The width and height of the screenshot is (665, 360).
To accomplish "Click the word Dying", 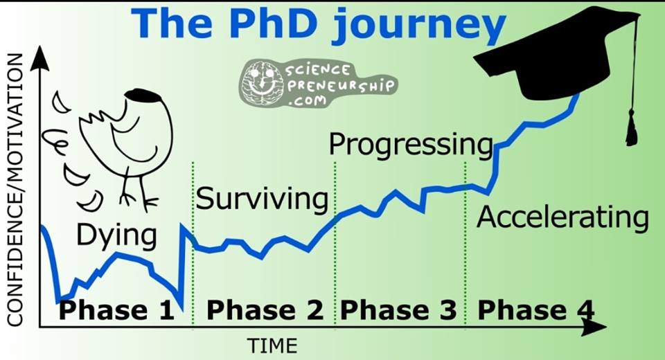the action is pyautogui.click(x=116, y=236).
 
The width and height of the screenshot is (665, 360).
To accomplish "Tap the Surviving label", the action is pyautogui.click(x=262, y=199).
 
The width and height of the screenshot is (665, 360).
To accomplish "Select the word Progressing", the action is pyautogui.click(x=411, y=145).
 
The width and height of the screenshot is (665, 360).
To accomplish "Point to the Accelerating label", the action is pyautogui.click(x=562, y=217).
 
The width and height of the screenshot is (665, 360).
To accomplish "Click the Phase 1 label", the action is pyautogui.click(x=116, y=310).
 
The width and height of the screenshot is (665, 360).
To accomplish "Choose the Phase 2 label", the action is pyautogui.click(x=265, y=310).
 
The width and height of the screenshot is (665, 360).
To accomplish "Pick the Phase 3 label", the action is pyautogui.click(x=398, y=310).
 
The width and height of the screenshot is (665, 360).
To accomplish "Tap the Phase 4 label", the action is pyautogui.click(x=535, y=310).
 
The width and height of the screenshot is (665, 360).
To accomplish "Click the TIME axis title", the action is pyautogui.click(x=272, y=346).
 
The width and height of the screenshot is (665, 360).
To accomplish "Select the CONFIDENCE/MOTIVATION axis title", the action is pyautogui.click(x=15, y=190).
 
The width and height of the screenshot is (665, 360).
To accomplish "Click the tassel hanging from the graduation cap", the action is pyautogui.click(x=632, y=127).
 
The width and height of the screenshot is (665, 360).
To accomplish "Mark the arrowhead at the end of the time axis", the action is pyautogui.click(x=594, y=327).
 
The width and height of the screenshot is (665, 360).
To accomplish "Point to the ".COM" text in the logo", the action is pyautogui.click(x=307, y=100).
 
